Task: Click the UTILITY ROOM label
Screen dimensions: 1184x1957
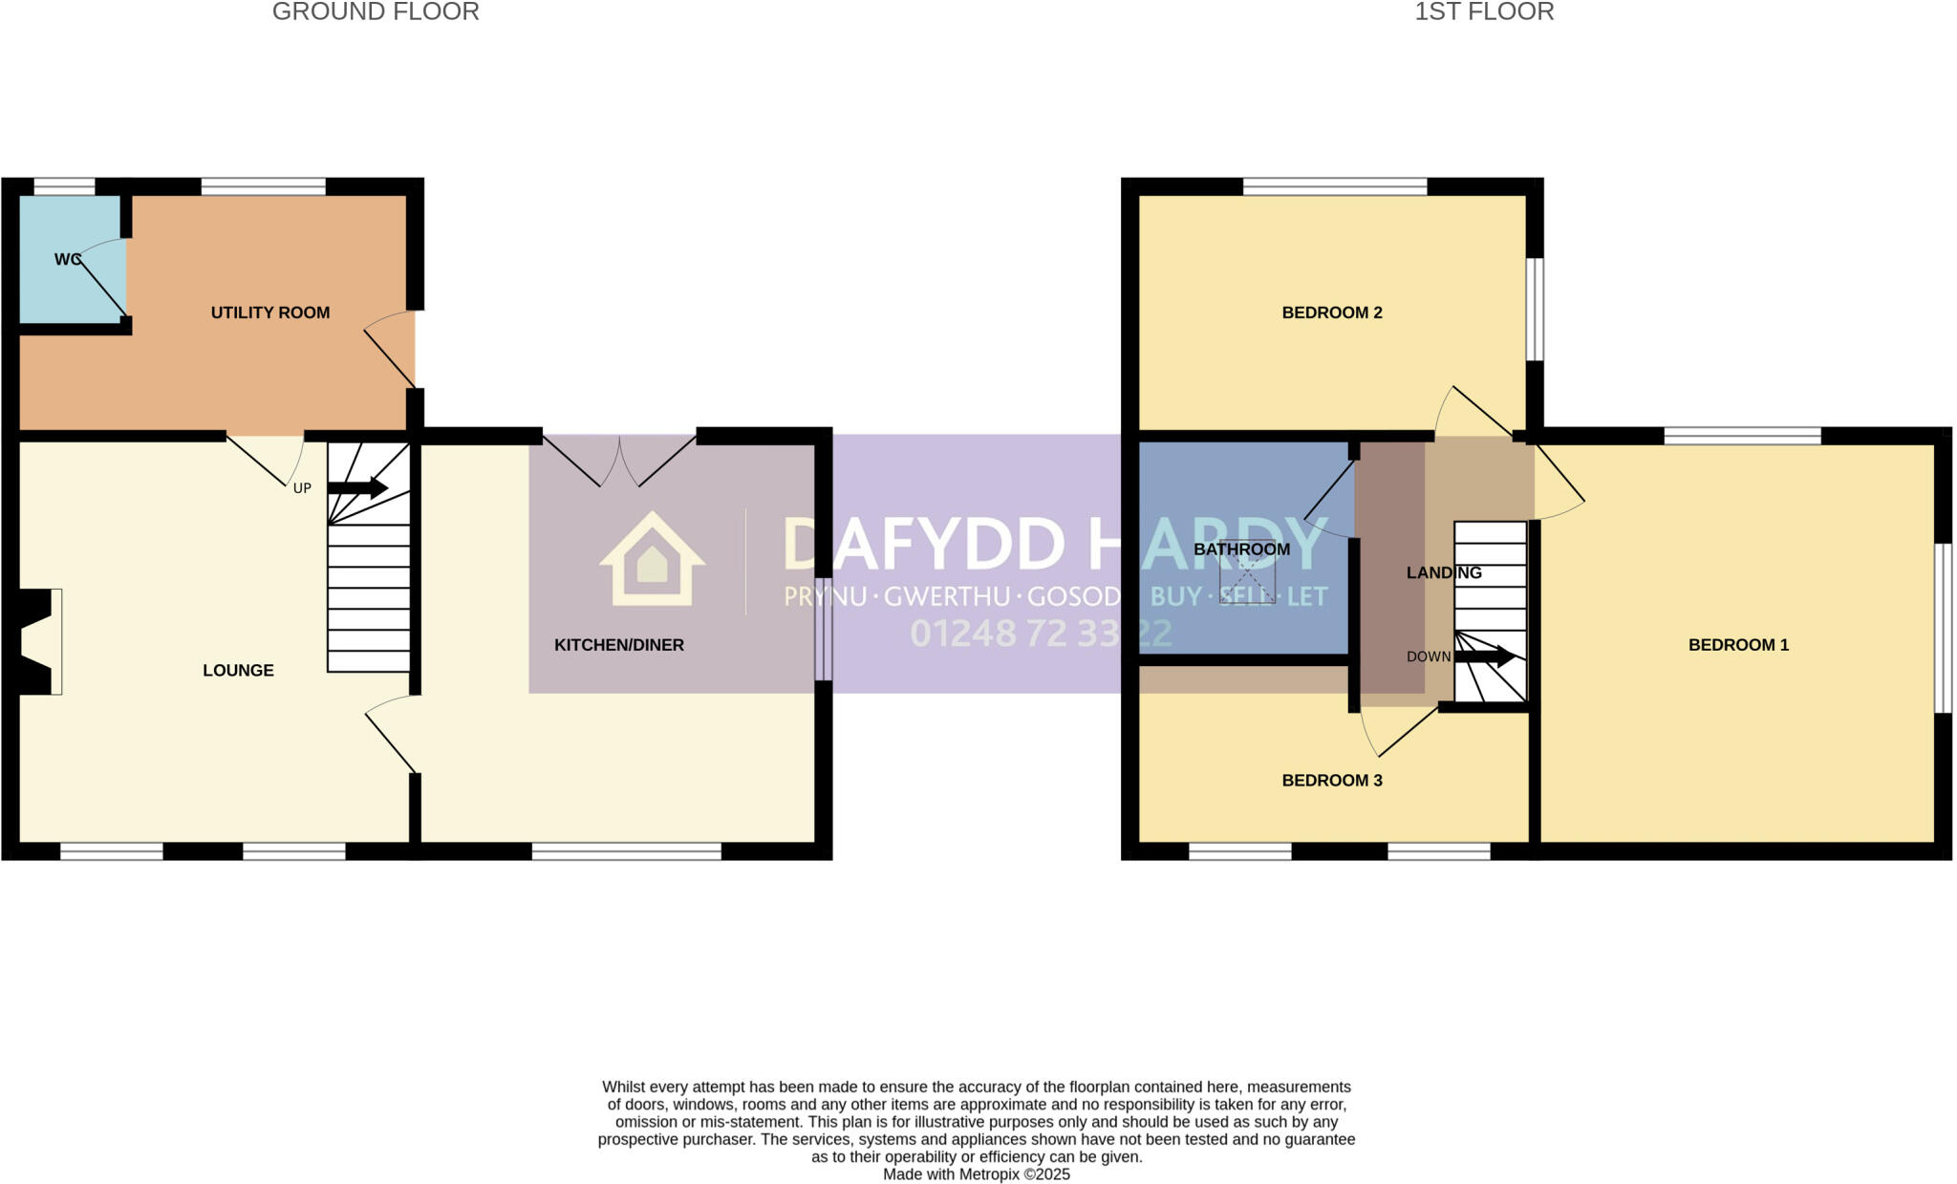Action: (269, 312)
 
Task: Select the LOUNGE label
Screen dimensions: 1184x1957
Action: (238, 671)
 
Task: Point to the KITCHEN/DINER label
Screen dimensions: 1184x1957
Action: (619, 645)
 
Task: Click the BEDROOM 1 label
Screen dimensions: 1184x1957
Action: (1738, 645)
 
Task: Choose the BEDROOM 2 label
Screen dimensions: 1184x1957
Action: (1332, 312)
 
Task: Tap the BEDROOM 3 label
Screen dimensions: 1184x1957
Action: (1332, 781)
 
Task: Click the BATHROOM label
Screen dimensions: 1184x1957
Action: (1241, 549)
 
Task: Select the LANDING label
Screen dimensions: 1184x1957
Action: (1444, 572)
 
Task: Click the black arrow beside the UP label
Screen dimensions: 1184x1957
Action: (357, 488)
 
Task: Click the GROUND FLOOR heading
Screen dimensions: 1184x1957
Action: (376, 12)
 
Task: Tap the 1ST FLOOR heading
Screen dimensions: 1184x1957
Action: (1484, 12)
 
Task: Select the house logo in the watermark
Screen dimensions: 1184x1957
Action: (653, 560)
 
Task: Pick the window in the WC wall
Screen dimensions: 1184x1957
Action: (65, 186)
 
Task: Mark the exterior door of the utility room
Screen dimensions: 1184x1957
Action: (392, 350)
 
